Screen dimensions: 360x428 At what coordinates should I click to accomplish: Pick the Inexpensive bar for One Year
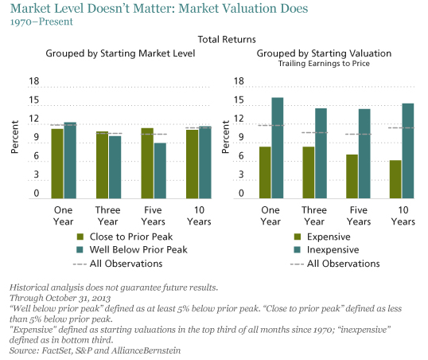click(x=277, y=147)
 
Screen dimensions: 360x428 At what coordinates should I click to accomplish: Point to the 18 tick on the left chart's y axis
click(x=33, y=80)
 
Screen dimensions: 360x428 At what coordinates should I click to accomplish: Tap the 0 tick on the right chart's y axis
click(x=240, y=194)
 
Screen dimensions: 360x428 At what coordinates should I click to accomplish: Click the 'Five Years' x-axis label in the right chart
click(x=357, y=216)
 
